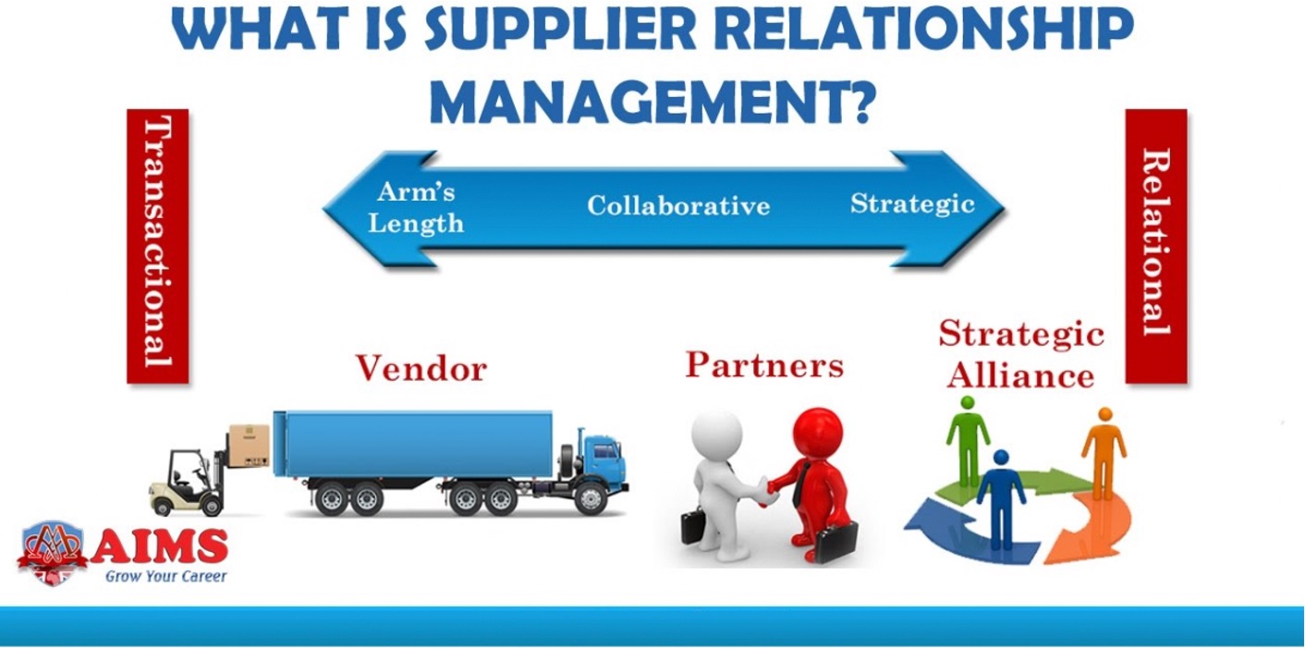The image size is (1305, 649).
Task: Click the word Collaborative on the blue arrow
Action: (x=678, y=205)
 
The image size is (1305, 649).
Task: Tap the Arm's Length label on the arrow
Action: (x=416, y=207)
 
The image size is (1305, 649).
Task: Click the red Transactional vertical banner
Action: (x=158, y=246)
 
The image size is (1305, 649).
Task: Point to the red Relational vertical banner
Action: (x=1156, y=246)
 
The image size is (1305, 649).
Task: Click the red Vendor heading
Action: (x=421, y=368)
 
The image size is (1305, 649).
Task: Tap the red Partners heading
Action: (x=764, y=364)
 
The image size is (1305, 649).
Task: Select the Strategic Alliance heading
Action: (x=1021, y=354)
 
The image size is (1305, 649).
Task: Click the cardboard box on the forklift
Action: (x=249, y=446)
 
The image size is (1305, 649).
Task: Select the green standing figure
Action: (x=968, y=440)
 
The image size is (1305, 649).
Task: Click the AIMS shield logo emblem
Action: (x=53, y=552)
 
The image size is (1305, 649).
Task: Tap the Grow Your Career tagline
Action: (x=165, y=576)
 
